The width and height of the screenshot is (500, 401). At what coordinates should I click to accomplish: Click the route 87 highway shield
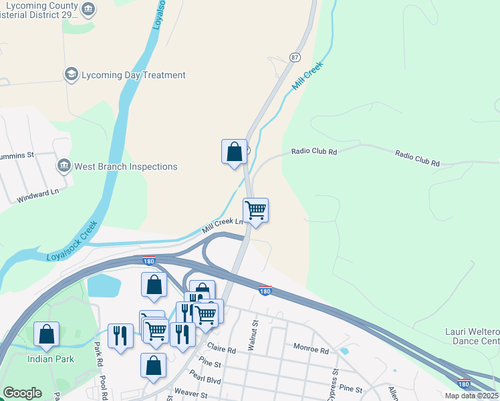coord(295,57)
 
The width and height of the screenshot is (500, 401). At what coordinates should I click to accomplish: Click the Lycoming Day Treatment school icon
coord(71,74)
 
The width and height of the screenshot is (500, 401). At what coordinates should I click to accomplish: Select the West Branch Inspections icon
coord(64,166)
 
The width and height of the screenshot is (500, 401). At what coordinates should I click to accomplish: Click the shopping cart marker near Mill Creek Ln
coord(255,211)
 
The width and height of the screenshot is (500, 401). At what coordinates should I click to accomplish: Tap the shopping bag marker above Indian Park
coord(46,334)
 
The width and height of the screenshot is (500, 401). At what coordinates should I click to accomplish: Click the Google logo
coord(22,393)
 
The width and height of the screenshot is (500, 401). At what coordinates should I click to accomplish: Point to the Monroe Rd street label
coord(311,350)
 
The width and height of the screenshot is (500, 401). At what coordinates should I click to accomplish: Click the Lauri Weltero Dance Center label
coord(472,336)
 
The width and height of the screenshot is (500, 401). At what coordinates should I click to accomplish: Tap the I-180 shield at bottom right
coord(464,384)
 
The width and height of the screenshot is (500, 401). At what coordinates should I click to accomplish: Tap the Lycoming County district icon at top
coord(88,9)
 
